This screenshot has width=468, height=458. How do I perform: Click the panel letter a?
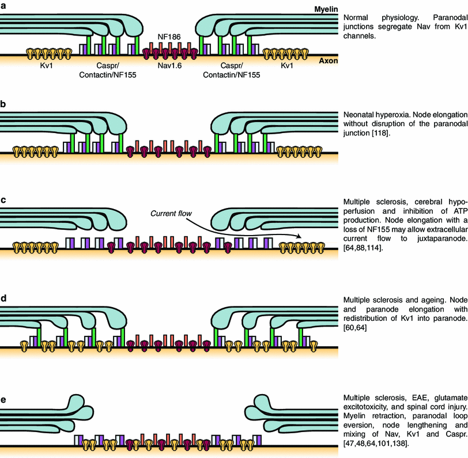[3, 5]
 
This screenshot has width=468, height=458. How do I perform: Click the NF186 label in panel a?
[169, 36]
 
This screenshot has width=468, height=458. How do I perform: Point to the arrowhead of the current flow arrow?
[301, 236]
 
